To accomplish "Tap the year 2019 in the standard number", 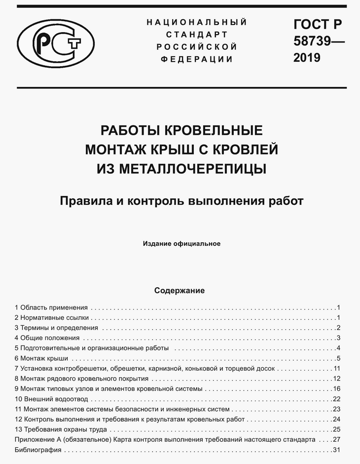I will [307, 58].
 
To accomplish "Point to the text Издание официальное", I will [181, 243].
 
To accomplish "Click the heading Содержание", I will [180, 291].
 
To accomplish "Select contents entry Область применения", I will [54, 307].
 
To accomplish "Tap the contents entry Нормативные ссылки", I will [55, 317].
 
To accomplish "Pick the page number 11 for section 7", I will [337, 368].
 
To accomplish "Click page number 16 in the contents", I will [337, 389].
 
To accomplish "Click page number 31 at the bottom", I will [337, 450].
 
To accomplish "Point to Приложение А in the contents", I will [37, 439].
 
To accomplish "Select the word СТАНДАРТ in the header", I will [197, 35].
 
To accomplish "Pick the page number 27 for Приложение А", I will [337, 439].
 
